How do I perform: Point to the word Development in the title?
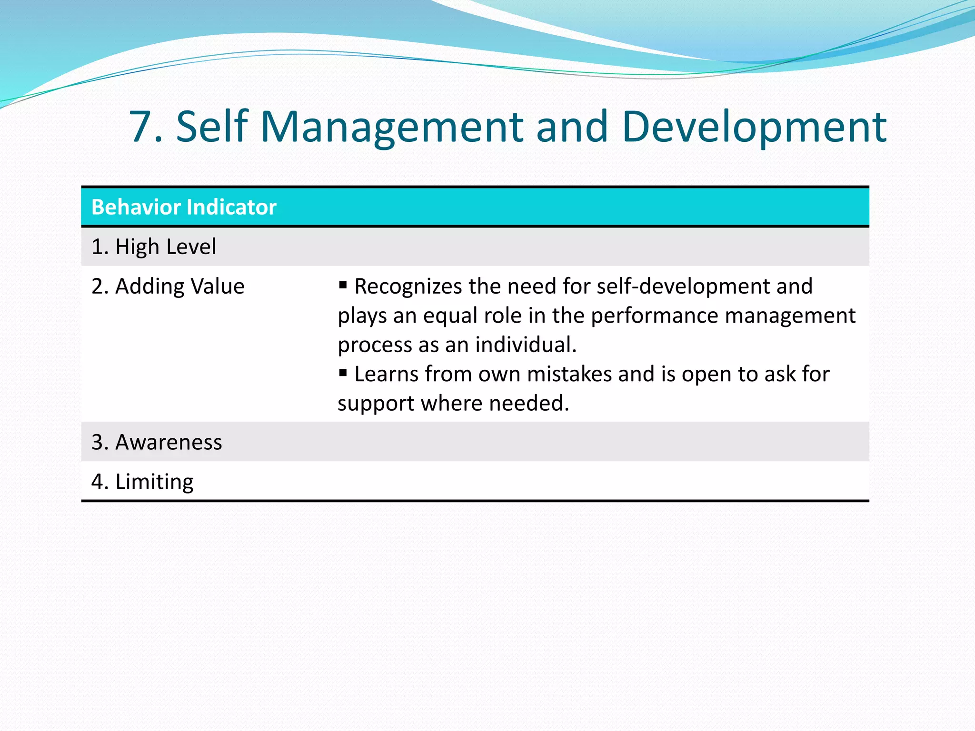coord(754,127)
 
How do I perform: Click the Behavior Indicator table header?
coord(184,207)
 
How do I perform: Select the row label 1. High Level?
coord(154,247)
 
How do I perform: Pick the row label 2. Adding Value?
coord(168,286)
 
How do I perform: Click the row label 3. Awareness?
coord(157,442)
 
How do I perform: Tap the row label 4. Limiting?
coord(142,482)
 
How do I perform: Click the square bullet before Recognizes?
coord(343,285)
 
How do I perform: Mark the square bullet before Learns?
coord(343,373)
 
